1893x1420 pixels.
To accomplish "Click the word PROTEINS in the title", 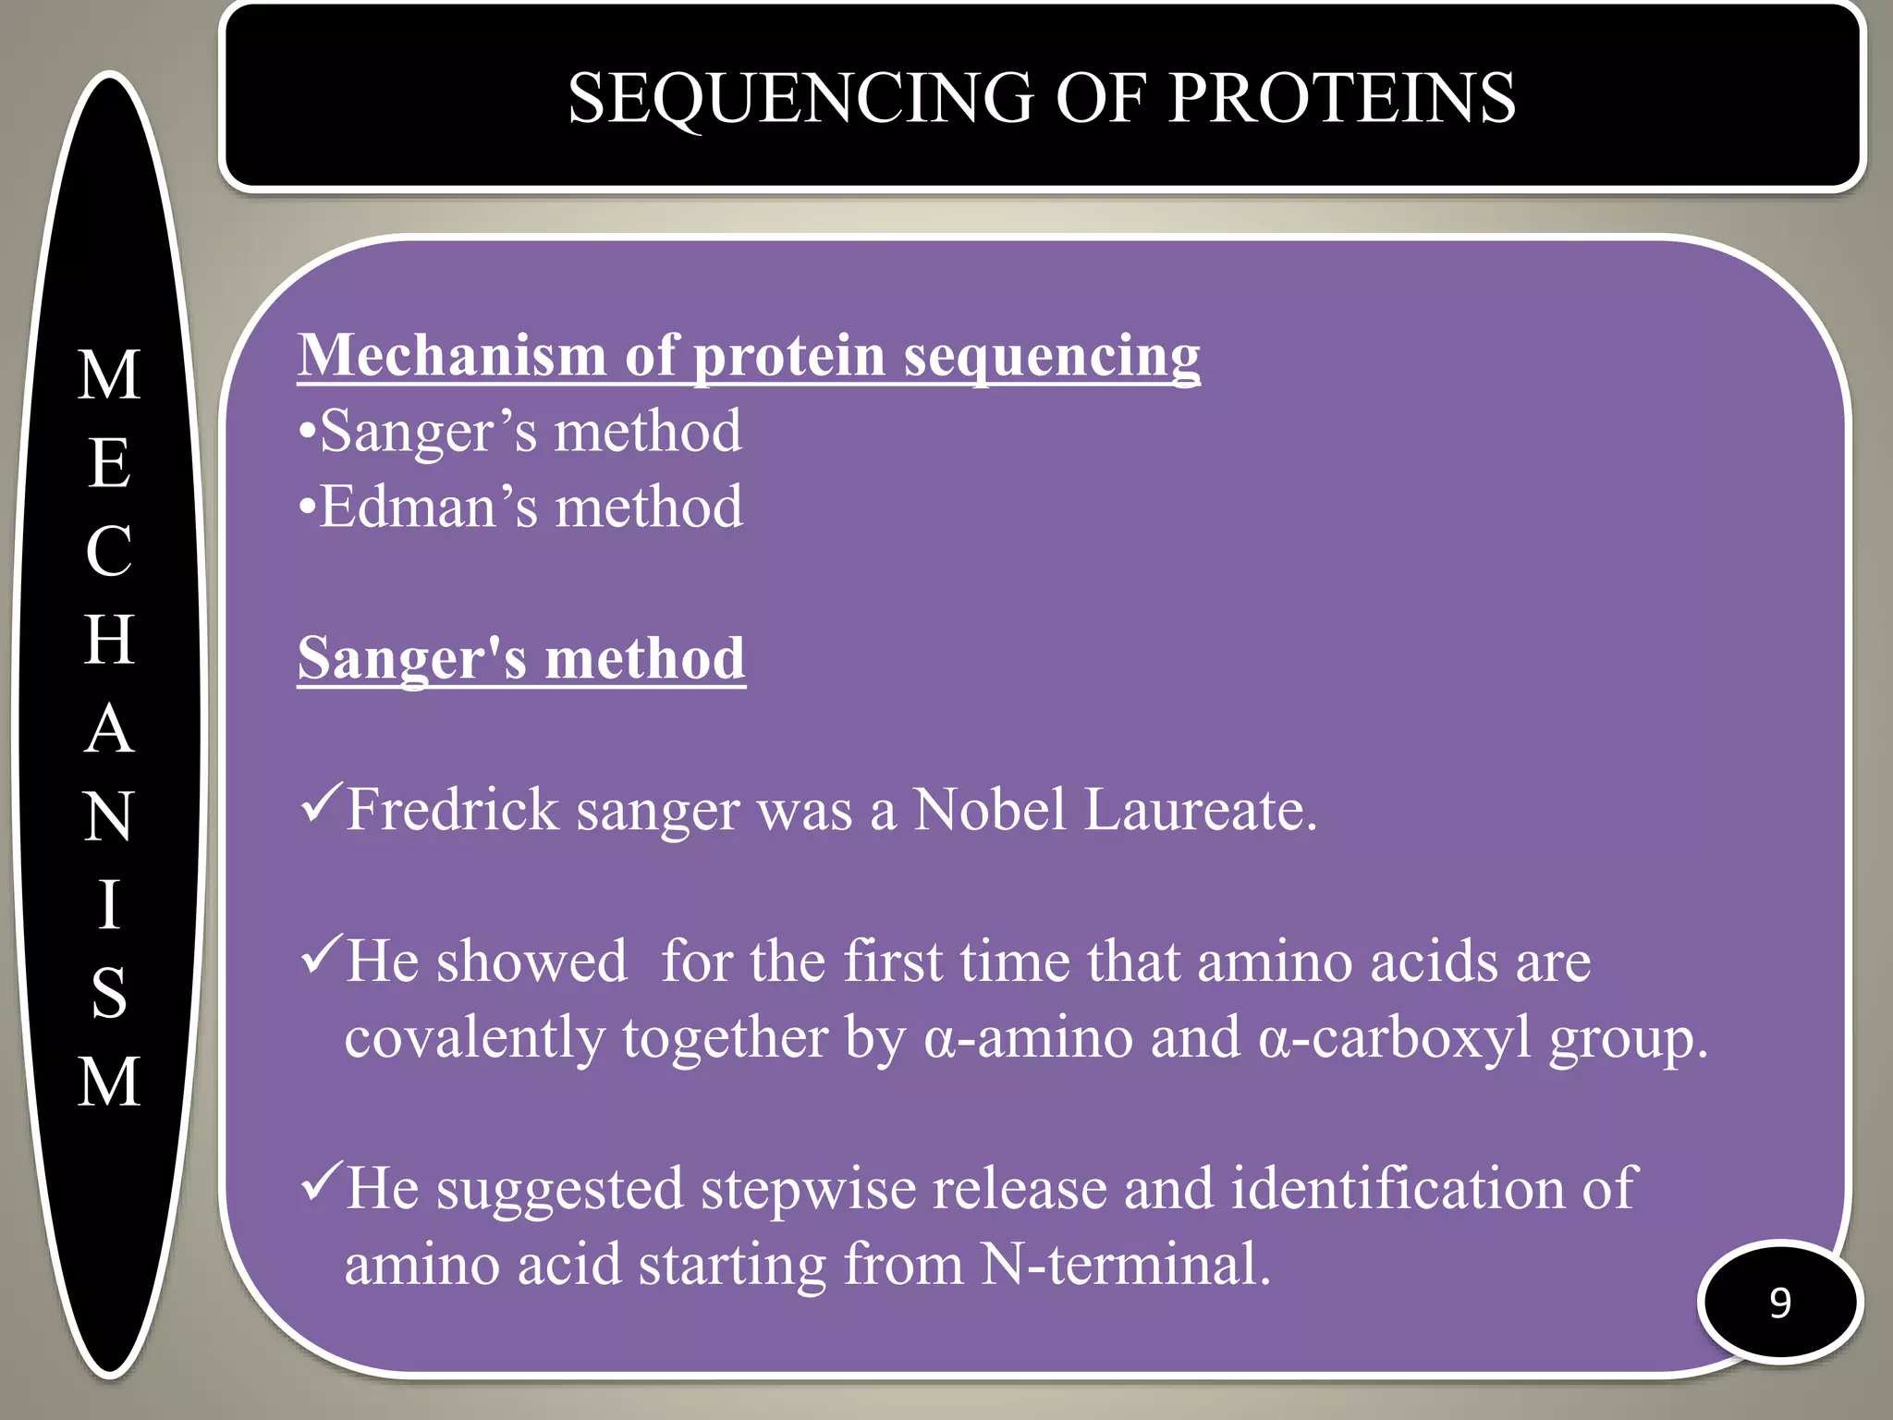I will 1341,98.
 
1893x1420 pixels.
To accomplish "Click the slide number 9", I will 1780,1303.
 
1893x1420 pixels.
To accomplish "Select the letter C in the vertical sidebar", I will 109,551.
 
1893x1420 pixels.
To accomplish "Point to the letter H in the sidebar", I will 109,639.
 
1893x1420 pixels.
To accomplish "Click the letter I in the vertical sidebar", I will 109,904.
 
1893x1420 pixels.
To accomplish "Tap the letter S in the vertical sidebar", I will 109,993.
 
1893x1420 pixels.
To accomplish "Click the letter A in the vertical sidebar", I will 109,728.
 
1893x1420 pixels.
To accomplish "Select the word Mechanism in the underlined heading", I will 452,355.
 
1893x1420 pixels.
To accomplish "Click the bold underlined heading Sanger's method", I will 521,658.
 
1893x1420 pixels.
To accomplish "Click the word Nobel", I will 990,810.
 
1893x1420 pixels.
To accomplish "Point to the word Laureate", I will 1199,810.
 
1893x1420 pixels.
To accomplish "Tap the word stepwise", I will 813,1189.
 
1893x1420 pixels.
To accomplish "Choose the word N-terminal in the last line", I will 1125,1265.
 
